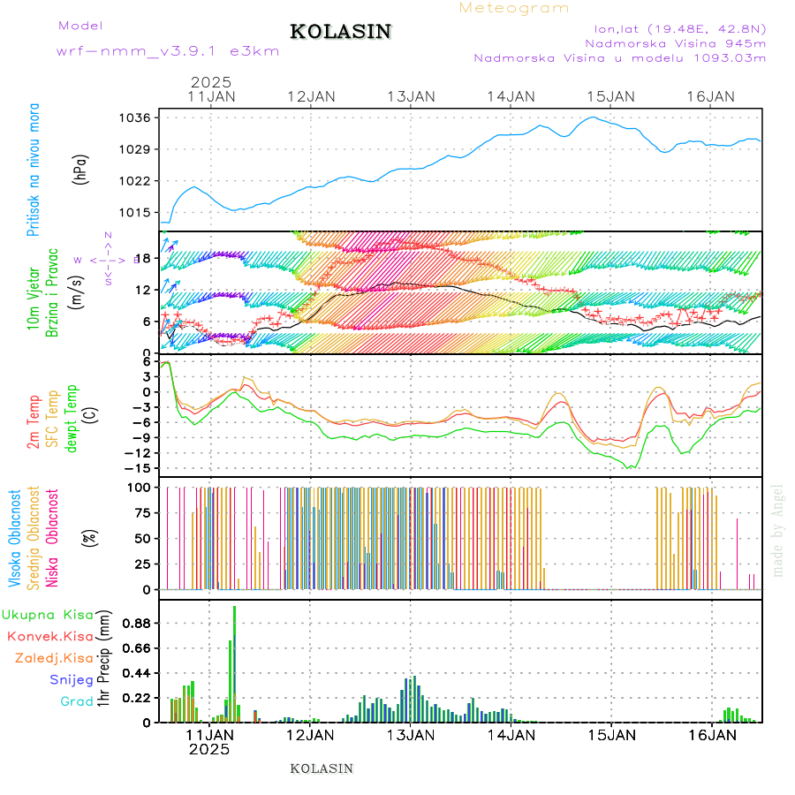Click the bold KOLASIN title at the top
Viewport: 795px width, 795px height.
(340, 32)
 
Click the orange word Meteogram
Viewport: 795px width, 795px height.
(514, 8)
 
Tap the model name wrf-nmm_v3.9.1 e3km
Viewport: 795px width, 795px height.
(168, 50)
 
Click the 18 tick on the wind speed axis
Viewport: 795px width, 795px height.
(146, 258)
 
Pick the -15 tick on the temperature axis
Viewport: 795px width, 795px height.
(141, 467)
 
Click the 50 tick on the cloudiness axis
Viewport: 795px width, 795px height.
(142, 538)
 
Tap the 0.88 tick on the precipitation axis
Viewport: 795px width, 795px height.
(138, 623)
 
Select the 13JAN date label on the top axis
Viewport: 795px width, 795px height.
(410, 96)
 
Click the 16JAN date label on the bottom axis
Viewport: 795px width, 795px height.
(710, 734)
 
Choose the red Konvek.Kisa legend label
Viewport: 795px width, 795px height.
(49, 636)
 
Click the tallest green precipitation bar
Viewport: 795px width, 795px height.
(234, 662)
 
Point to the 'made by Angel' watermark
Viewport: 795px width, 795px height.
(777, 530)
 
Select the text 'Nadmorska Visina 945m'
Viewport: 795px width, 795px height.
(675, 42)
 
